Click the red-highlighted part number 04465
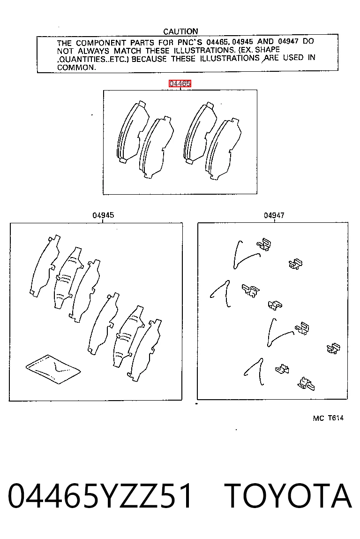point(180,84)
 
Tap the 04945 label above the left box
point(103,215)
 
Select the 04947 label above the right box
point(274,215)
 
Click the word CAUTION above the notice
point(180,31)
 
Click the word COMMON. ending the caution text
point(76,68)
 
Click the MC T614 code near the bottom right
point(328,418)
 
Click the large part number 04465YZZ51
point(100,496)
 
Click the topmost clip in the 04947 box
point(264,245)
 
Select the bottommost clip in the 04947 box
point(306,384)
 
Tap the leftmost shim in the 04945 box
point(45,266)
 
